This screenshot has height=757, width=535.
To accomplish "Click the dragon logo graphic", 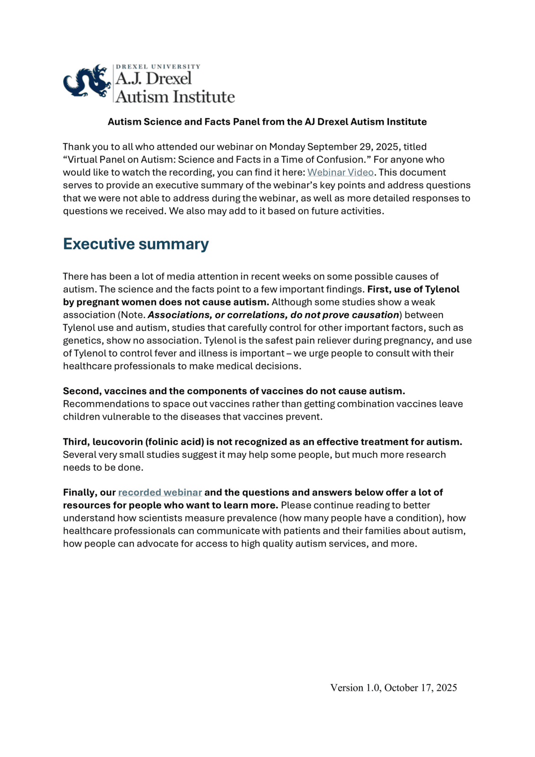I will pyautogui.click(x=87, y=81).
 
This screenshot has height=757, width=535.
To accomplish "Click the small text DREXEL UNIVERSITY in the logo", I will pyautogui.click(x=158, y=67).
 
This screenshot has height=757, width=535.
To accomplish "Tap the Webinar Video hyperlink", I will pyautogui.click(x=340, y=172).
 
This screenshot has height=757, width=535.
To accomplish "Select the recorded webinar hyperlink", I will pyautogui.click(x=160, y=492).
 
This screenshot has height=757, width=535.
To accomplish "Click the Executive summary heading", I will pyautogui.click(x=136, y=244).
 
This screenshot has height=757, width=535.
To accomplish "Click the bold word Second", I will pyautogui.click(x=81, y=391).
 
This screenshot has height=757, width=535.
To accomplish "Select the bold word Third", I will pyautogui.click(x=76, y=441).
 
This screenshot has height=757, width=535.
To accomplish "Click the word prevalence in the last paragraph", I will pyautogui.click(x=258, y=518).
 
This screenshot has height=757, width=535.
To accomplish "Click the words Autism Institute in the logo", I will pyautogui.click(x=175, y=97).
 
